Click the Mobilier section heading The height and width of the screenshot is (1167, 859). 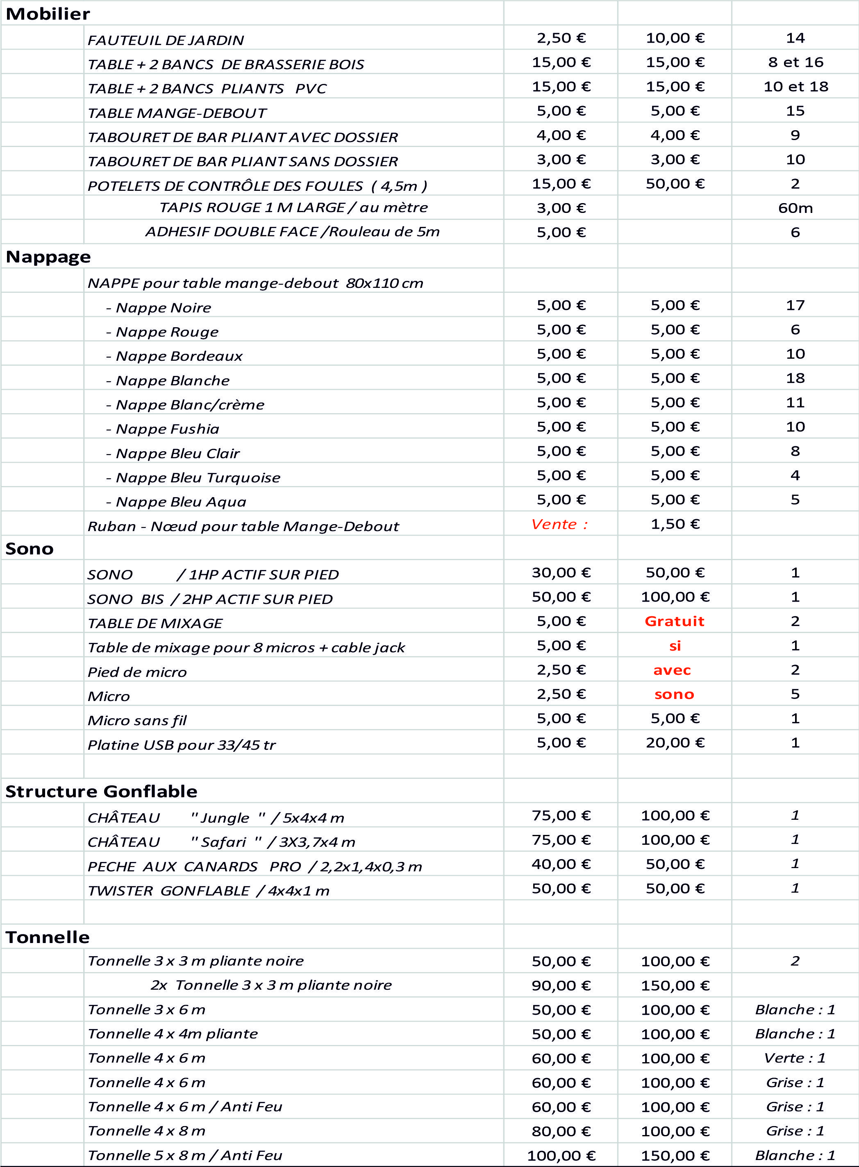pyautogui.click(x=48, y=14)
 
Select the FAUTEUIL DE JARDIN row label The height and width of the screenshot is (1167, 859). pyautogui.click(x=165, y=40)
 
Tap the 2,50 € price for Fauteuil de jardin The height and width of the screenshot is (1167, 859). pyautogui.click(x=561, y=38)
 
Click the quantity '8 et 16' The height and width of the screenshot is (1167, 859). pyautogui.click(x=795, y=62)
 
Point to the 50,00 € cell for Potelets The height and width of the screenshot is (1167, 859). pyautogui.click(x=675, y=184)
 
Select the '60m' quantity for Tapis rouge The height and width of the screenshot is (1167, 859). pyautogui.click(x=795, y=208)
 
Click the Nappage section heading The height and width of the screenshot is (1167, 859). pyautogui.click(x=48, y=257)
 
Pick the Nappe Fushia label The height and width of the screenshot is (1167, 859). pyautogui.click(x=168, y=429)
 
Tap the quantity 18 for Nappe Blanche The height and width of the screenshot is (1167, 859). pyautogui.click(x=795, y=378)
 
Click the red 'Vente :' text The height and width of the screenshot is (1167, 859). pyautogui.click(x=559, y=524)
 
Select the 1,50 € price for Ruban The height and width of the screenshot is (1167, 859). pyautogui.click(x=675, y=524)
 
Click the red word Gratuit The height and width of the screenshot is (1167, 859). pyautogui.click(x=675, y=622)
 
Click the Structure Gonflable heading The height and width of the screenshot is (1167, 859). pyautogui.click(x=101, y=792)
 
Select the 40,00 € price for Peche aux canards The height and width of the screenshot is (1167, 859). pyautogui.click(x=561, y=864)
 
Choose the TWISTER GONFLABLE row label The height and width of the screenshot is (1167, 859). pyautogui.click(x=208, y=891)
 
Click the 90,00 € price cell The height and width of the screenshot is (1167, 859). pyautogui.click(x=561, y=986)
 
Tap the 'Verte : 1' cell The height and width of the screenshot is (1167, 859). pyautogui.click(x=795, y=1058)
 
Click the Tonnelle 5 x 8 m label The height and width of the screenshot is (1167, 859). pyautogui.click(x=184, y=1155)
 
